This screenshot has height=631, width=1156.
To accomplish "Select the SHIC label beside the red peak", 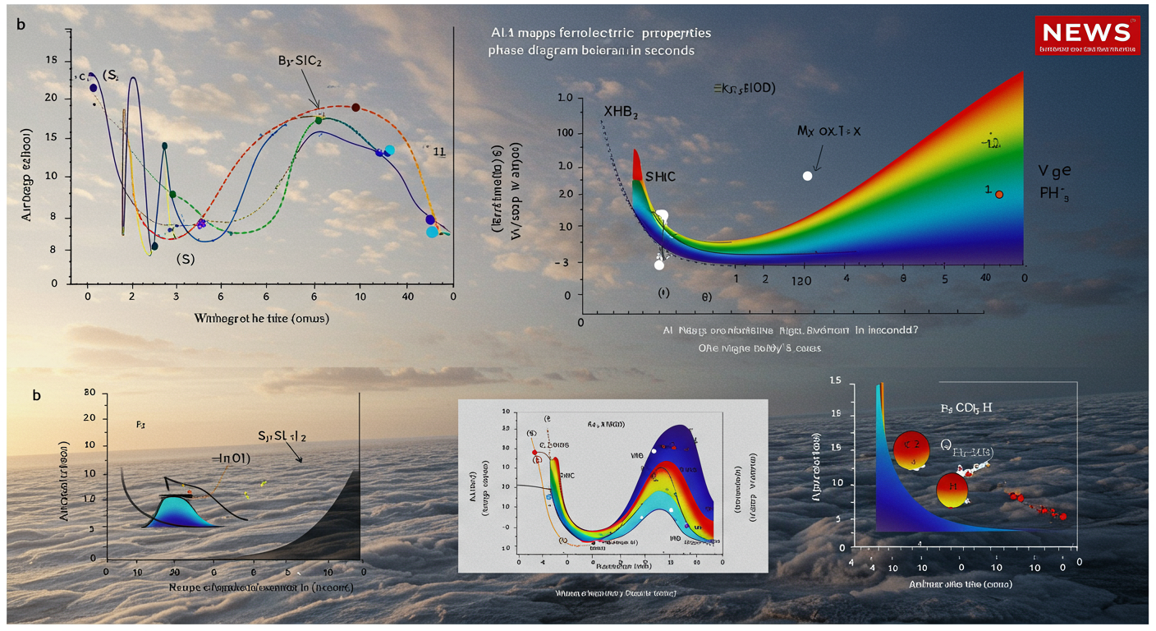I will [661, 177].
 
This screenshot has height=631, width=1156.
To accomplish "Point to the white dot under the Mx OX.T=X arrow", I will [807, 176].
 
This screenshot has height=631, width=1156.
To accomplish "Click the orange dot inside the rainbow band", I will [999, 194].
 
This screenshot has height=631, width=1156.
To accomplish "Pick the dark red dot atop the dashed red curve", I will [356, 108].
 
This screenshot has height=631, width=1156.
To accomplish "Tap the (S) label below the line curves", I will [186, 259].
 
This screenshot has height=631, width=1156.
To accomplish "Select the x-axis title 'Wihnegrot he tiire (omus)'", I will [261, 317].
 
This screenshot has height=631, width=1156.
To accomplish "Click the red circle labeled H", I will [953, 491].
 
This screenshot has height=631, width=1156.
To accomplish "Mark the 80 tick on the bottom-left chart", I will [90, 393].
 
